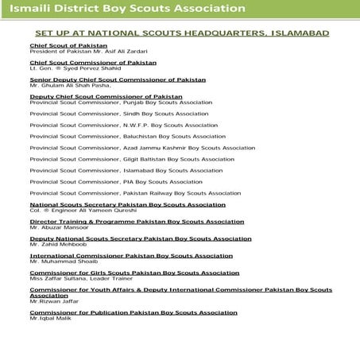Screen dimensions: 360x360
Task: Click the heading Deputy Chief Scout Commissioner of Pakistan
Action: (100, 96)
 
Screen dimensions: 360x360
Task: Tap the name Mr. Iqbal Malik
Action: (48, 318)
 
